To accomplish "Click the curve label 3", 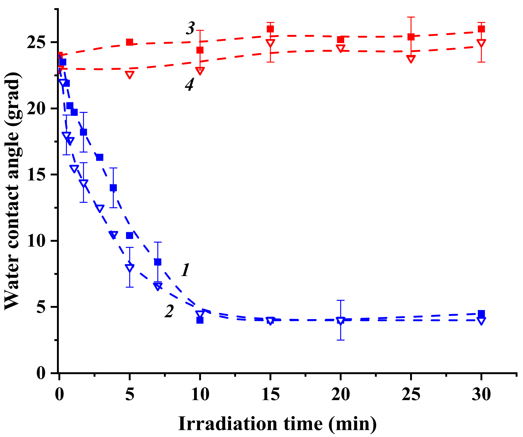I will [x=190, y=28].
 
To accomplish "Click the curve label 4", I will [x=190, y=85].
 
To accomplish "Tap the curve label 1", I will [x=185, y=270].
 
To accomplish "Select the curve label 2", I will [x=169, y=311].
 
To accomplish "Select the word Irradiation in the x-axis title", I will [x=228, y=424].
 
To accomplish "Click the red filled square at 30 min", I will [x=481, y=29].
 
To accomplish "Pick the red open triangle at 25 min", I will [x=411, y=59].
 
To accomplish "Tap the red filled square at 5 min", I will [x=129, y=42].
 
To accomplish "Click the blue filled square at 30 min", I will [x=481, y=314].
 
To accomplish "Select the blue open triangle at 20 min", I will [x=341, y=321].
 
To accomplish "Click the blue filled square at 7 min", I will [x=158, y=262].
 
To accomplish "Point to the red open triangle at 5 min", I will [x=129, y=75].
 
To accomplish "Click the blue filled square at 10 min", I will [x=200, y=320].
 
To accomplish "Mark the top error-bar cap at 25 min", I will [x=411, y=17].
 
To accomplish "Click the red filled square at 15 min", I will [x=270, y=29].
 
